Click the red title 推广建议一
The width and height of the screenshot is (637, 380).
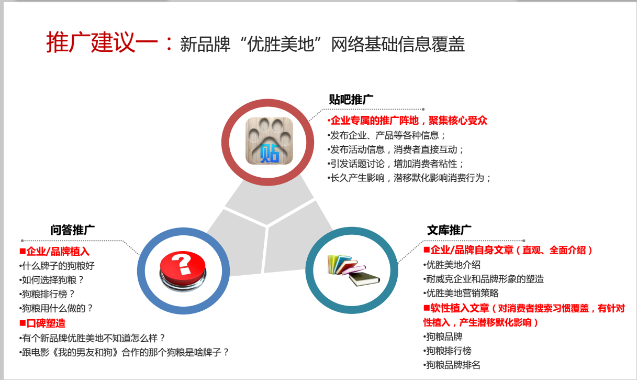(x=103, y=42)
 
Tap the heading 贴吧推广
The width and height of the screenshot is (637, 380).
(x=351, y=100)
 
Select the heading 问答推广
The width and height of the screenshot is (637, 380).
(x=73, y=230)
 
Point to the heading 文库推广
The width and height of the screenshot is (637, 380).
(x=449, y=230)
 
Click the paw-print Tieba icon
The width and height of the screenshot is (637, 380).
(x=269, y=140)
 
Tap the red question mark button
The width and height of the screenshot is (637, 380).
(x=183, y=271)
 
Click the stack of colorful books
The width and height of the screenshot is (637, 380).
(x=353, y=270)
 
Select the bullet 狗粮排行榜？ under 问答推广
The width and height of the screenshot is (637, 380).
(x=47, y=294)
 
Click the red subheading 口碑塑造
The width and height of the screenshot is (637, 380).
(x=42, y=323)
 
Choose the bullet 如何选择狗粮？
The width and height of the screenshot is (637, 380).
(x=51, y=280)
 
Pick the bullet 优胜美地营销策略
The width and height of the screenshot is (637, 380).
(x=461, y=293)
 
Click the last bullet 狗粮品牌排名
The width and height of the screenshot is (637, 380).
(x=452, y=365)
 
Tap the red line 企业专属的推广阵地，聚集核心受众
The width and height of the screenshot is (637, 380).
(x=407, y=121)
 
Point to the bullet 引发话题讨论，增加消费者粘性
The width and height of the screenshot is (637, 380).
(x=395, y=164)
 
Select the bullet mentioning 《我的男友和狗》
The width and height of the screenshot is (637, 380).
(x=124, y=352)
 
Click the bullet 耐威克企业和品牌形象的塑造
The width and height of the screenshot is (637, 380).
(x=484, y=279)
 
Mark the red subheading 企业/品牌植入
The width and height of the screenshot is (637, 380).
(x=54, y=251)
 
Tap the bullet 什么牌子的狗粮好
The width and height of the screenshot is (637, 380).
(x=57, y=266)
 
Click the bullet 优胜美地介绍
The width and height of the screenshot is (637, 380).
(x=452, y=265)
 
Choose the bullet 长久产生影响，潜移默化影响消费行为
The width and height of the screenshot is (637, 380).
(x=409, y=178)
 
